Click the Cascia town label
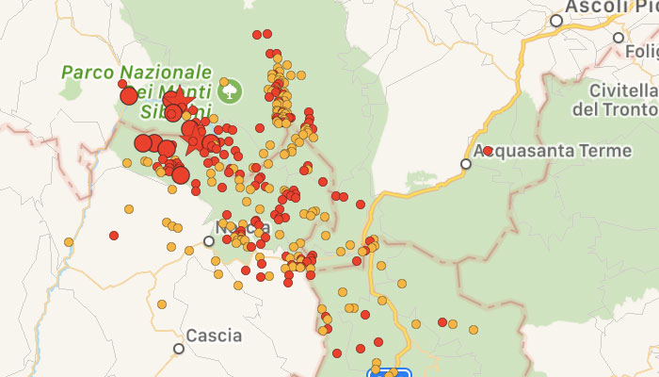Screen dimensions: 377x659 [x=214, y=335]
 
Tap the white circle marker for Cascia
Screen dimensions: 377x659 [x=179, y=349]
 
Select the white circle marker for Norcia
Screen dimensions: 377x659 [x=209, y=240]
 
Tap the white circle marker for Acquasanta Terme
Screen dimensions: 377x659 [x=465, y=164]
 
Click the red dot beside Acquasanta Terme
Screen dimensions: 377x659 [x=488, y=151]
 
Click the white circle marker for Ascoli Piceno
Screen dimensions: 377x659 [x=557, y=20]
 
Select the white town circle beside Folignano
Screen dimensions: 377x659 [x=619, y=39]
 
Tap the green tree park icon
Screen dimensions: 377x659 [x=231, y=91]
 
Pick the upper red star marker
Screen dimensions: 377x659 [x=177, y=100]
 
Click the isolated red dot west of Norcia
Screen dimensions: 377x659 [x=114, y=236]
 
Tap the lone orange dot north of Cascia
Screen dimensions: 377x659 [x=161, y=304]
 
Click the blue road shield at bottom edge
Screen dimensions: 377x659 [x=389, y=373]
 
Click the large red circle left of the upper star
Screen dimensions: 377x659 [x=129, y=95]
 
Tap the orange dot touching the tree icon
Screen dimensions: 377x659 [x=224, y=82]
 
